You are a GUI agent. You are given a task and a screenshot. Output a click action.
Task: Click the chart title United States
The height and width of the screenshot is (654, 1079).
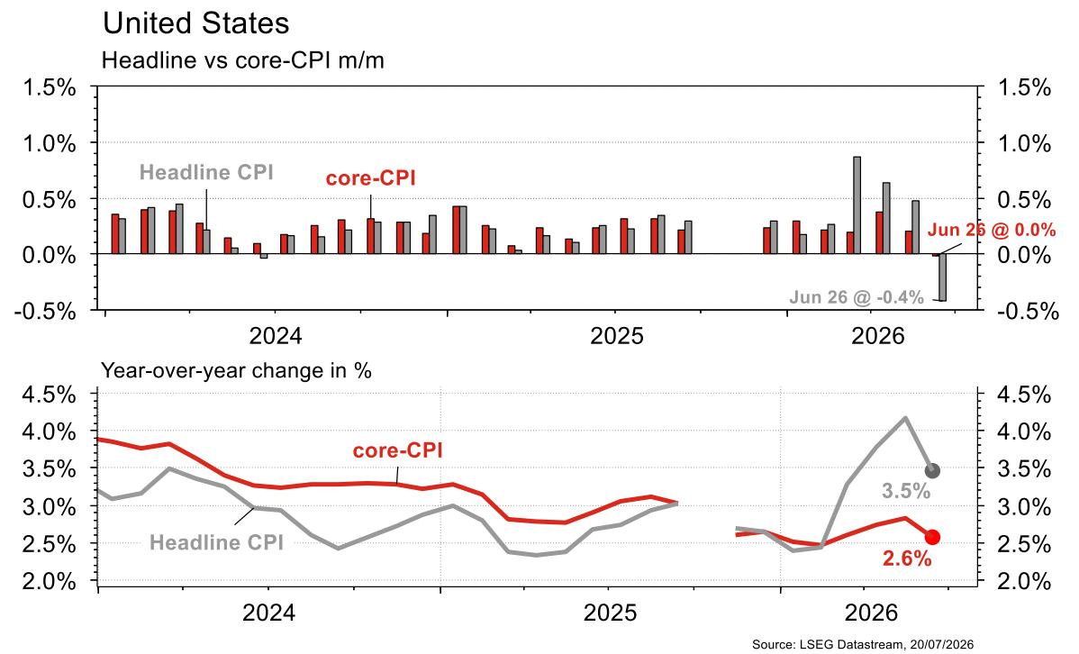point(196,23)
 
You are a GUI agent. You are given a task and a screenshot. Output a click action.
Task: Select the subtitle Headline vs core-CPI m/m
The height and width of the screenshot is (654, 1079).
point(243,60)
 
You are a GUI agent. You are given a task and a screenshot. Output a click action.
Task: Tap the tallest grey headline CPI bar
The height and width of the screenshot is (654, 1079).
point(857,205)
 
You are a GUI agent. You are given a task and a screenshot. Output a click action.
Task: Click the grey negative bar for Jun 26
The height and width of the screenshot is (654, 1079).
point(943,277)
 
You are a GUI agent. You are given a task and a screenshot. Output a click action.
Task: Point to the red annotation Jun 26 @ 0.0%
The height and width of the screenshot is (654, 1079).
point(992,230)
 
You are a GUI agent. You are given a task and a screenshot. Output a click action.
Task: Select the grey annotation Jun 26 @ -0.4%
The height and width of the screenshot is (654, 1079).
point(856,297)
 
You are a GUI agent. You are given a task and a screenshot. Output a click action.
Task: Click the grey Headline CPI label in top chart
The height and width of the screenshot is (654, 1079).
point(206,172)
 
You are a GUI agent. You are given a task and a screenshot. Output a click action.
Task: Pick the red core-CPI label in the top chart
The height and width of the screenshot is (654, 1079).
point(371,178)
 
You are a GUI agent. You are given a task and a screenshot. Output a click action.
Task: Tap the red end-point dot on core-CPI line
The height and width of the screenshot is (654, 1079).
point(932,537)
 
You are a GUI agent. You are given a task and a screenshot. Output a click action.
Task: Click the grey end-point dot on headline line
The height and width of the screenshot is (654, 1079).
point(932,471)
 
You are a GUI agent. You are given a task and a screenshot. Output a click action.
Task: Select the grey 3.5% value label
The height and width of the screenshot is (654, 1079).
point(906,491)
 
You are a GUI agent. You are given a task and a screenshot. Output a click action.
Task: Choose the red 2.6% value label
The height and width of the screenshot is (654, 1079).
point(907,559)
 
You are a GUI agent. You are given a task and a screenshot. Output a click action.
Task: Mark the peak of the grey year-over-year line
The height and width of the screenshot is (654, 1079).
point(905,417)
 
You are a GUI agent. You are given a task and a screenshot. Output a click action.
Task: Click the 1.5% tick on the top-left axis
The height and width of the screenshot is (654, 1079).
point(50,88)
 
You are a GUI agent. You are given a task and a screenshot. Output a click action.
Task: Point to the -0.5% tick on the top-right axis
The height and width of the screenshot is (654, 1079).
point(1025,311)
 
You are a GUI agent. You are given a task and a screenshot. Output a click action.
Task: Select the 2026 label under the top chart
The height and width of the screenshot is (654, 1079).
point(877,336)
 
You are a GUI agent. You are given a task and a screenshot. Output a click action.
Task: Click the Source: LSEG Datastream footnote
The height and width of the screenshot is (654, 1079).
point(863,644)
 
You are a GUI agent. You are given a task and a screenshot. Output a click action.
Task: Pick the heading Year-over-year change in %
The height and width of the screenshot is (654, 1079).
point(237,370)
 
